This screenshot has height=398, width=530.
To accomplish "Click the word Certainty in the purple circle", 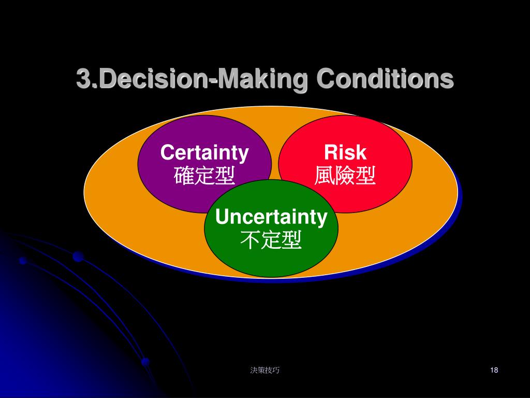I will [204, 153].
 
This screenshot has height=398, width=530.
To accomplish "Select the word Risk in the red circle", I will [345, 153].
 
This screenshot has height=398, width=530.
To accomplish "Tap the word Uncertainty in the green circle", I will [271, 217].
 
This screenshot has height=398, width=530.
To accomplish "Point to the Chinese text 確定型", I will [204, 176].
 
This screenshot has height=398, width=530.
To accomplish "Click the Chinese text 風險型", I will [345, 176].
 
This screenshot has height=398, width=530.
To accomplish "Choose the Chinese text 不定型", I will [271, 240].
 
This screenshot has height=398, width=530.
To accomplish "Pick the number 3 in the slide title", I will [83, 79].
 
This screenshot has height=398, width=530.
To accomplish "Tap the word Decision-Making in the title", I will [201, 80].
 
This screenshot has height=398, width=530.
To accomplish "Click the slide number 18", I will [493, 370].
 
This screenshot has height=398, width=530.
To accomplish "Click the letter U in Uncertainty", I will [222, 217].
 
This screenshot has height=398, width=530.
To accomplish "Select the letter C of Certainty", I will [167, 153].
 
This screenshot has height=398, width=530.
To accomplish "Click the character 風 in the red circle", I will [325, 176].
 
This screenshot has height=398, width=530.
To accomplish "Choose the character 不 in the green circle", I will [251, 240].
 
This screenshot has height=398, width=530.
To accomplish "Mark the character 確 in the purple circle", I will [184, 176].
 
